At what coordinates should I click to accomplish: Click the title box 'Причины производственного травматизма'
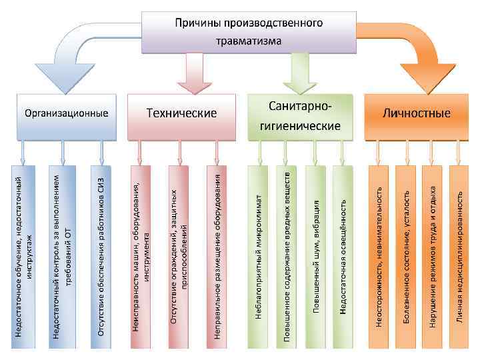(x=248, y=31)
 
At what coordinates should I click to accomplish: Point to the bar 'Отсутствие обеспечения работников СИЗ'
(x=101, y=257)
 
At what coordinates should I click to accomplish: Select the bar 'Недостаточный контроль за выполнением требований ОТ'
(x=63, y=257)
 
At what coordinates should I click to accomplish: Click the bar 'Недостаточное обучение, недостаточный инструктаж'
(x=23, y=257)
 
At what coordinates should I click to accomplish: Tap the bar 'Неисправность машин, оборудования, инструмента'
(x=141, y=257)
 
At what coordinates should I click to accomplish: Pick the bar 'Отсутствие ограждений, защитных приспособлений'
(x=179, y=257)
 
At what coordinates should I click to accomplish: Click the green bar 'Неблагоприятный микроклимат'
(x=259, y=257)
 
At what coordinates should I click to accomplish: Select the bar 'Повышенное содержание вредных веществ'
(x=287, y=257)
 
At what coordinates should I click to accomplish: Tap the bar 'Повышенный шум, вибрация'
(x=315, y=257)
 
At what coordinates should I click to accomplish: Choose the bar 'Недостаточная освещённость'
(x=343, y=257)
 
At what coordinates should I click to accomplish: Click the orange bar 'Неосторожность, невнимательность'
(x=379, y=257)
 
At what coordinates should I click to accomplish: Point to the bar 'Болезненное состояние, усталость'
(x=406, y=257)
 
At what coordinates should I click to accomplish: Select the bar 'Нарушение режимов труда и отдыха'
(x=433, y=257)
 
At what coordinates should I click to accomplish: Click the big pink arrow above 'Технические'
(x=195, y=73)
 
